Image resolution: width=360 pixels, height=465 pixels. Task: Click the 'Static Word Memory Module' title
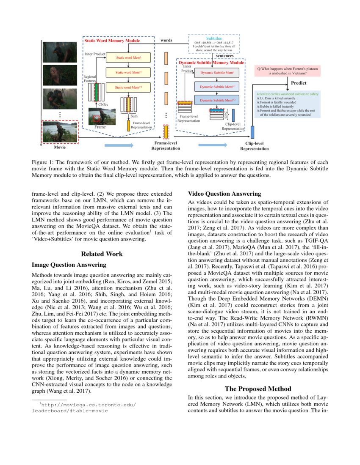(112, 41)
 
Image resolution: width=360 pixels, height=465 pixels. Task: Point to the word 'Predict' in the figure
(299, 83)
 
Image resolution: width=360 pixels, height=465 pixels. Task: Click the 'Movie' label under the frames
(60, 148)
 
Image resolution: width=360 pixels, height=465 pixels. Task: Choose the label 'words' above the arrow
(166, 41)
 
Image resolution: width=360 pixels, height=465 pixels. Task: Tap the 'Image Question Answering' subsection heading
(69, 265)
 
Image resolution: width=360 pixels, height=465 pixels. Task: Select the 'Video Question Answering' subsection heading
(224, 194)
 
